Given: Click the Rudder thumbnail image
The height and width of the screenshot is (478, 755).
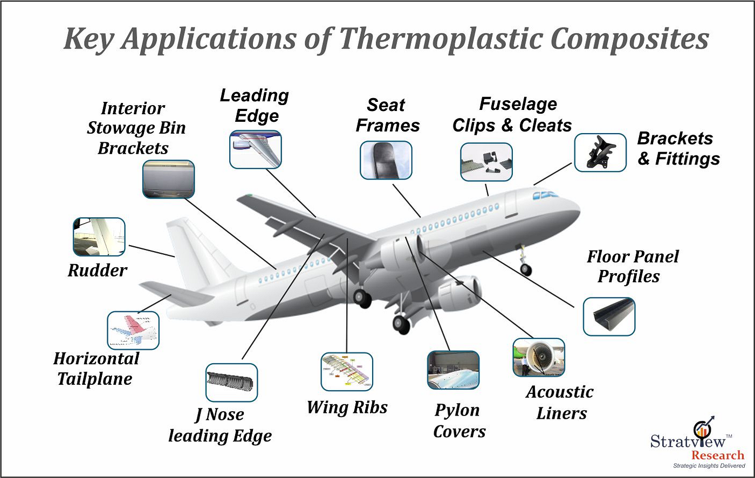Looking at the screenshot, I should (x=99, y=237).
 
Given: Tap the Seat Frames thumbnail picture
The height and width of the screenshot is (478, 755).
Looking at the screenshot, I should (x=386, y=160).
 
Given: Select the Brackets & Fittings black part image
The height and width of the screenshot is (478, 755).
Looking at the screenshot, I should (x=600, y=153).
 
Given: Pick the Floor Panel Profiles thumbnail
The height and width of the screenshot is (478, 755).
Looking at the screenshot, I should (x=609, y=316).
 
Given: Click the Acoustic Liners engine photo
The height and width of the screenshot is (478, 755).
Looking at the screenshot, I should (x=538, y=357).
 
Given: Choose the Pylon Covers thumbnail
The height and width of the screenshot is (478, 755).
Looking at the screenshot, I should (x=452, y=370).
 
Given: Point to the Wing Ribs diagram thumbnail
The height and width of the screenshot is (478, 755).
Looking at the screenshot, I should (x=346, y=371).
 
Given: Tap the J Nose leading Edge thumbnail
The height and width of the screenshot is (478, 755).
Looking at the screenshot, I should (x=232, y=382).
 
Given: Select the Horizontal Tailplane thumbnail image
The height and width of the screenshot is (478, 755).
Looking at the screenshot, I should (x=133, y=330).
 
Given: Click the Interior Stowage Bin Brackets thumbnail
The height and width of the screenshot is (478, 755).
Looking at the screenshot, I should (x=168, y=179).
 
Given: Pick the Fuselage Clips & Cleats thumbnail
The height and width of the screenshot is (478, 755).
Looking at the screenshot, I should (x=486, y=162).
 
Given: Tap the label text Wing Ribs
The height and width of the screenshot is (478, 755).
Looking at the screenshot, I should (x=347, y=407).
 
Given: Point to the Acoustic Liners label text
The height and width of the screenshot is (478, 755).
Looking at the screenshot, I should (x=559, y=402).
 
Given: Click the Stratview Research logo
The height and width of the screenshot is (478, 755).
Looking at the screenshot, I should (x=698, y=445).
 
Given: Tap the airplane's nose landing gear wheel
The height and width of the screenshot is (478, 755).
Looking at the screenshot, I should (x=526, y=269).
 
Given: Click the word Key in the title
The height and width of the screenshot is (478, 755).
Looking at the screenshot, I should (x=91, y=40).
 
